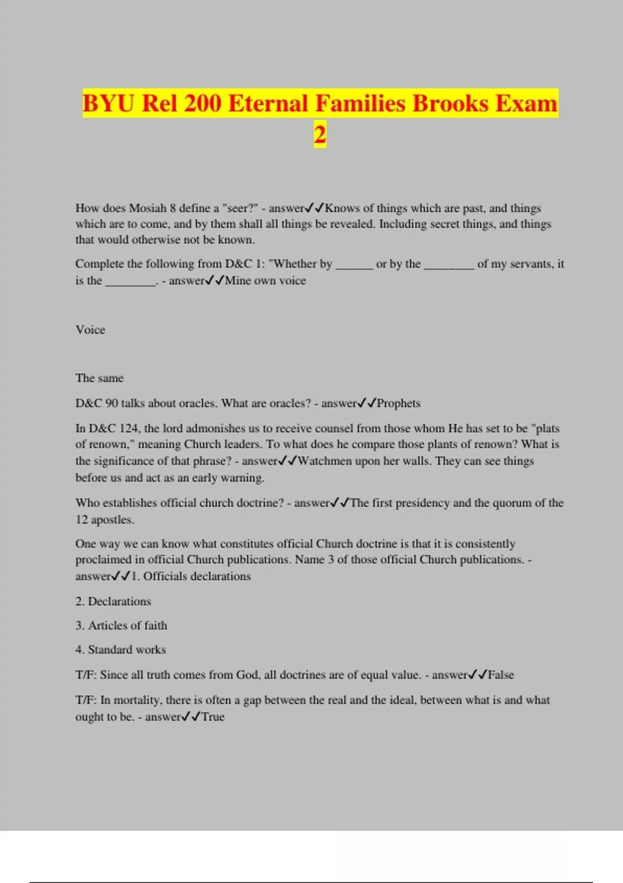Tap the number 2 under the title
pos(320,135)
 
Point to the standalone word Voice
pos(90,330)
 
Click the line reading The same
pos(99,378)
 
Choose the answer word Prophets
pos(398,404)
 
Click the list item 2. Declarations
pos(113,601)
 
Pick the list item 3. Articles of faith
pos(121,625)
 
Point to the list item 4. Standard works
pos(120,650)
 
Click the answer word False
pos(500,675)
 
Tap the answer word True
pos(213,717)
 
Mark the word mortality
pos(137,700)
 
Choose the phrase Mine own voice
pos(265,280)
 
